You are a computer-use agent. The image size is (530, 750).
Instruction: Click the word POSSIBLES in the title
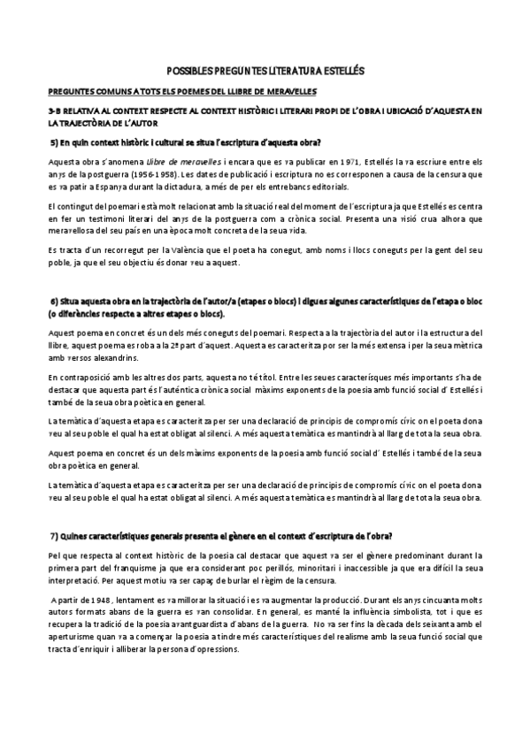pyautogui.click(x=189, y=70)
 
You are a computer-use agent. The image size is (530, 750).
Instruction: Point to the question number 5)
pyautogui.click(x=54, y=142)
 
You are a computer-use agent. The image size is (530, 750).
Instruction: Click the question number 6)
pyautogui.click(x=54, y=303)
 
